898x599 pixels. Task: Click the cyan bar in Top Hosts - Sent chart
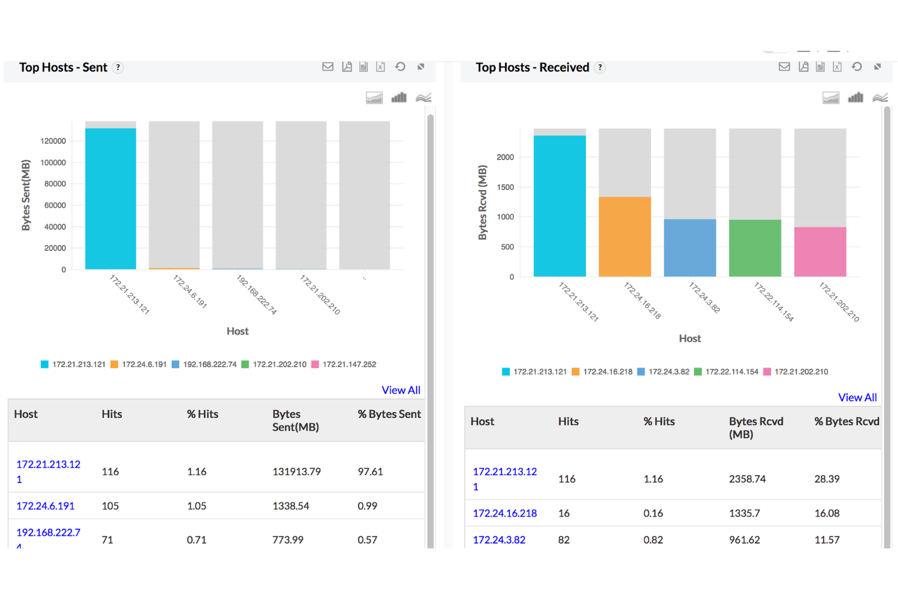point(110,198)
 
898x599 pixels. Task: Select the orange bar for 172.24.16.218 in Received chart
point(624,237)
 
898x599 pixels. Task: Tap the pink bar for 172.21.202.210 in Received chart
point(820,252)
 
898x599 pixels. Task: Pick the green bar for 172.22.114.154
point(755,248)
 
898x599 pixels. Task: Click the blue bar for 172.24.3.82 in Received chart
point(690,248)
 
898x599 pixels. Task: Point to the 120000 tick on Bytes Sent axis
point(53,141)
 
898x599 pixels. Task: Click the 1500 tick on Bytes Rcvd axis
point(505,188)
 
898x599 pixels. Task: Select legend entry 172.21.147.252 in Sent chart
point(349,365)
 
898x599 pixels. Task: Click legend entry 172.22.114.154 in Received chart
point(731,372)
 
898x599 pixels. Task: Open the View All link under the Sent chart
point(400,390)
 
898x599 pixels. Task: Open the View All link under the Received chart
point(857,398)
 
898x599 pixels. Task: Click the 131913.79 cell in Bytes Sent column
point(296,472)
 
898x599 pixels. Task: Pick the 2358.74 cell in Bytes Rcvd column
point(747,479)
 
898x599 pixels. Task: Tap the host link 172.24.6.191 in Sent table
point(46,506)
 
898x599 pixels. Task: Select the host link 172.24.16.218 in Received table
point(505,513)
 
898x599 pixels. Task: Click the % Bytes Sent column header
point(389,414)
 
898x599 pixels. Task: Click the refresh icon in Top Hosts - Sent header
point(400,67)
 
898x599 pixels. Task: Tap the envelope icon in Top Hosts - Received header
point(784,67)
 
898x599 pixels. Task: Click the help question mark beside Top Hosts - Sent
point(118,67)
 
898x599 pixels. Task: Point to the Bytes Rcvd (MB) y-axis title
point(482,203)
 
